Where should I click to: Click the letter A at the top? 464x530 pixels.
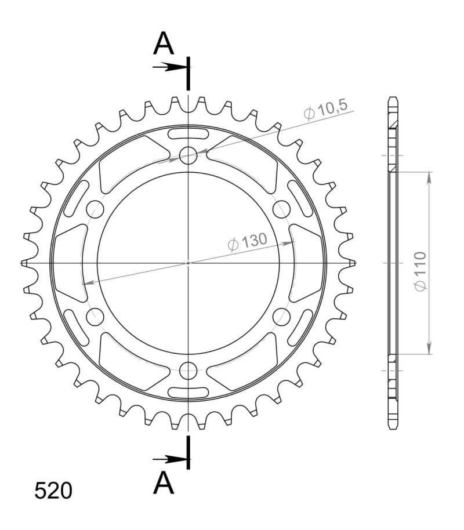(x=164, y=43)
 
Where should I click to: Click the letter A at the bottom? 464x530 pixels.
(x=164, y=483)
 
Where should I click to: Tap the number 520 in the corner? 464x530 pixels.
(x=53, y=491)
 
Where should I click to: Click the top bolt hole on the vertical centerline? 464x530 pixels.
(x=188, y=155)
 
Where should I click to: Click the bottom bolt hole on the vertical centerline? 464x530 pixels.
(x=188, y=370)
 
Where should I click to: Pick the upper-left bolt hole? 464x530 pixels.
(x=95, y=209)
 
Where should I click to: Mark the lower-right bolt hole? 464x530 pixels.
(x=281, y=316)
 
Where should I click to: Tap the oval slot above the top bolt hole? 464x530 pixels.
(x=188, y=135)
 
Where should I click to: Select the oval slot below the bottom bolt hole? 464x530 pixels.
(x=188, y=390)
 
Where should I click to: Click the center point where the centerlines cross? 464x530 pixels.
(x=188, y=263)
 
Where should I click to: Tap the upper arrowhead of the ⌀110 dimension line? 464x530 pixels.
(x=429, y=177)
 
